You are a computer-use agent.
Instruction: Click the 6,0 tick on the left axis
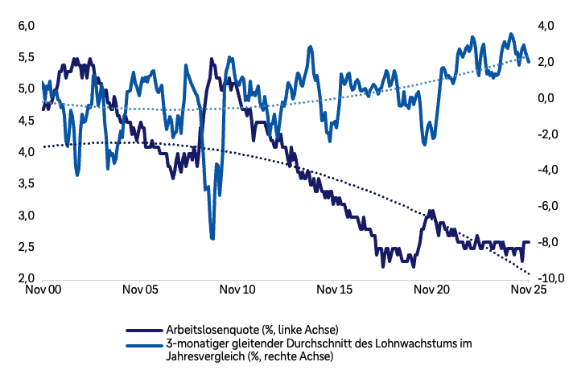pos(27,26)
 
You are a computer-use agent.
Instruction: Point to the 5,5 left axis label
pos(27,57)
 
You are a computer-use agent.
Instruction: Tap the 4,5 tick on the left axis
pos(27,121)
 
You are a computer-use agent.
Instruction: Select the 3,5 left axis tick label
pos(27,184)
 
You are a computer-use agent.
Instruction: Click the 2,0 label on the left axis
pos(27,279)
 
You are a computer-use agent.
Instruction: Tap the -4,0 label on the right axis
pos(545,170)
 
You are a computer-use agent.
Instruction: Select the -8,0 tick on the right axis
pos(545,241)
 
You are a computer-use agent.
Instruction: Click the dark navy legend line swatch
pos(145,330)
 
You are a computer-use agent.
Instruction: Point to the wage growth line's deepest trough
pos(212,236)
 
